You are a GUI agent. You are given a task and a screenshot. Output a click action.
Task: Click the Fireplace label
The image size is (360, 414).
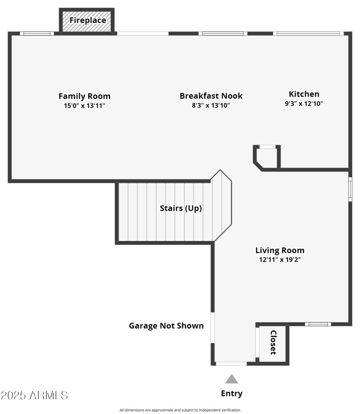(x=87, y=20)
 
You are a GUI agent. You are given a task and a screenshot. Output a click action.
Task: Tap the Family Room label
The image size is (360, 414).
(x=84, y=96)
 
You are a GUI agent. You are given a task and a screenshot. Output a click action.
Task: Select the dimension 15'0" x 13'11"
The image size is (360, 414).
(x=84, y=106)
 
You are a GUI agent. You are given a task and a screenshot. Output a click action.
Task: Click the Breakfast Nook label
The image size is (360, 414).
(x=211, y=96)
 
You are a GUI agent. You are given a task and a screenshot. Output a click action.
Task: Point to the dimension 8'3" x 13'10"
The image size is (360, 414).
(x=211, y=106)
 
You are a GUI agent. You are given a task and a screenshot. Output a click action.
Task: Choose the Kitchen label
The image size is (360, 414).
(x=304, y=94)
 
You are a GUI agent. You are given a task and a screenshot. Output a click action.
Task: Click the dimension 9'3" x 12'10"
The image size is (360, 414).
(x=304, y=103)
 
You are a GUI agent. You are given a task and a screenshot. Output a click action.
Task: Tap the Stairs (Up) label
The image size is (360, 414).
(x=180, y=209)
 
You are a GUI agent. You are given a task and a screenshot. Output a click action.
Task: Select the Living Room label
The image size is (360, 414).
(x=279, y=250)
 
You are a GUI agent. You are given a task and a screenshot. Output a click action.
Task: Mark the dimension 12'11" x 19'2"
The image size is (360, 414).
(x=279, y=260)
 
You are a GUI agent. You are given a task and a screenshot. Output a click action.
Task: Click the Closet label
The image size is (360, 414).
(x=273, y=343)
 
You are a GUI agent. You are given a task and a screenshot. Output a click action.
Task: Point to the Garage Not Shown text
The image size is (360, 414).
(x=166, y=326)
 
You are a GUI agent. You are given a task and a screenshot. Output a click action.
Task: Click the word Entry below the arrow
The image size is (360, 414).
(x=231, y=394)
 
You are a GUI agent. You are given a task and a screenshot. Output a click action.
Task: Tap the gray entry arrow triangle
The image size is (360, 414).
(x=231, y=379)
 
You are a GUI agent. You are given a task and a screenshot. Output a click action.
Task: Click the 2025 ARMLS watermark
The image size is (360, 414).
(x=34, y=396)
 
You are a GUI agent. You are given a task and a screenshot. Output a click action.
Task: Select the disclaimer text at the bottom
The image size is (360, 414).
(x=180, y=410)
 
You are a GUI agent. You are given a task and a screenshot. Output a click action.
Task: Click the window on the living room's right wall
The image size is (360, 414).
(x=350, y=189)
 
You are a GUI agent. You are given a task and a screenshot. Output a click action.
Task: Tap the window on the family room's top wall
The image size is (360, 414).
(x=37, y=33)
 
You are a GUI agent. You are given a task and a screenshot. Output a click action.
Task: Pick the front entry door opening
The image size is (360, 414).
(x=231, y=363)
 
